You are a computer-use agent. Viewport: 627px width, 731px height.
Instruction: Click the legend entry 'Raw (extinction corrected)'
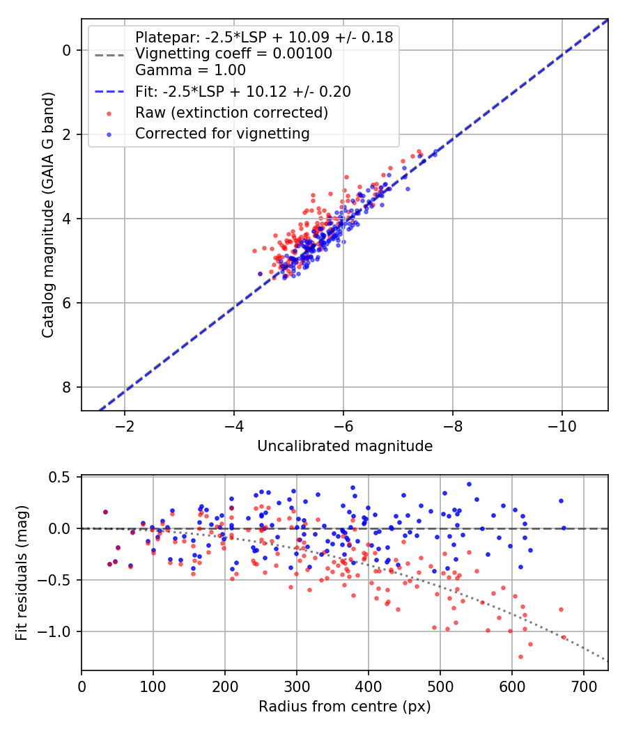click(x=231, y=112)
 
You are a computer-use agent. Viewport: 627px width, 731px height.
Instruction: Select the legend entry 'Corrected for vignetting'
click(x=222, y=133)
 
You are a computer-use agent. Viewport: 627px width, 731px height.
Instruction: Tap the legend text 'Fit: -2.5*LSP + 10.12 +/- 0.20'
click(x=242, y=91)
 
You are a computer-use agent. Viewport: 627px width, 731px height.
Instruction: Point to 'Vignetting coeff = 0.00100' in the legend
click(x=233, y=54)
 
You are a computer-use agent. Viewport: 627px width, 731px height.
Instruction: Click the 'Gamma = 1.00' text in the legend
click(x=190, y=70)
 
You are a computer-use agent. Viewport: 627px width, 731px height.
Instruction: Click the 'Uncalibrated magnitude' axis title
click(x=345, y=446)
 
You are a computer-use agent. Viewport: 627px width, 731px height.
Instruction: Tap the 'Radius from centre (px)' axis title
click(x=345, y=707)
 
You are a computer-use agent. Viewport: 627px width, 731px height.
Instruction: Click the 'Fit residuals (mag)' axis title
click(x=22, y=573)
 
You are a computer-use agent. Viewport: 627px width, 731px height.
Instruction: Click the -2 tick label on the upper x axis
click(x=125, y=425)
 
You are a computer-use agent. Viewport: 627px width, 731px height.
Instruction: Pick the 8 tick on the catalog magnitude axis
click(x=68, y=387)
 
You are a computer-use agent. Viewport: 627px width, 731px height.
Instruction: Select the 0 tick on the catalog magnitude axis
click(x=68, y=50)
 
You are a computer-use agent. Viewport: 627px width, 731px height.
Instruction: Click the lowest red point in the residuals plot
click(x=520, y=657)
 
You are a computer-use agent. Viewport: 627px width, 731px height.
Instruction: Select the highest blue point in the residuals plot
click(x=469, y=484)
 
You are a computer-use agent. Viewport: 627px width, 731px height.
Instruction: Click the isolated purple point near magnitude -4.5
click(x=260, y=274)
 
